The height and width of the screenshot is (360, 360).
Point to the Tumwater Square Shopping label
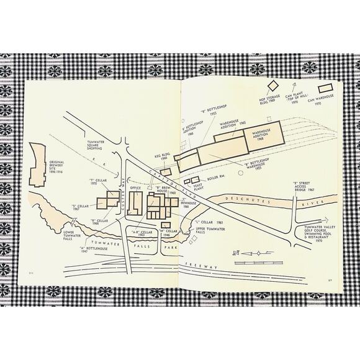(x=98, y=146)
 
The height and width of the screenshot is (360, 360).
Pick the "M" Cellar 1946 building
(x=163, y=224)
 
